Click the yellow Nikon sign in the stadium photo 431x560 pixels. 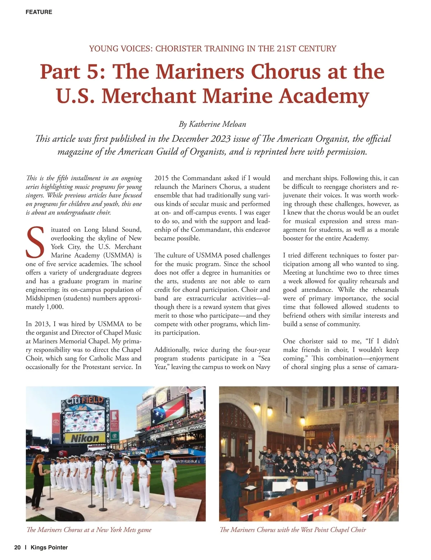pos(85,438)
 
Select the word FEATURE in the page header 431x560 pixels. pos(39,12)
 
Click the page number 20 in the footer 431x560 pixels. pos(17,547)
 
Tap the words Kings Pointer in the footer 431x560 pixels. pos(49,547)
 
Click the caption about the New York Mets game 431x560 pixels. pos(89,530)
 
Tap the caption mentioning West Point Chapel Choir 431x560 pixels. pos(292,530)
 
